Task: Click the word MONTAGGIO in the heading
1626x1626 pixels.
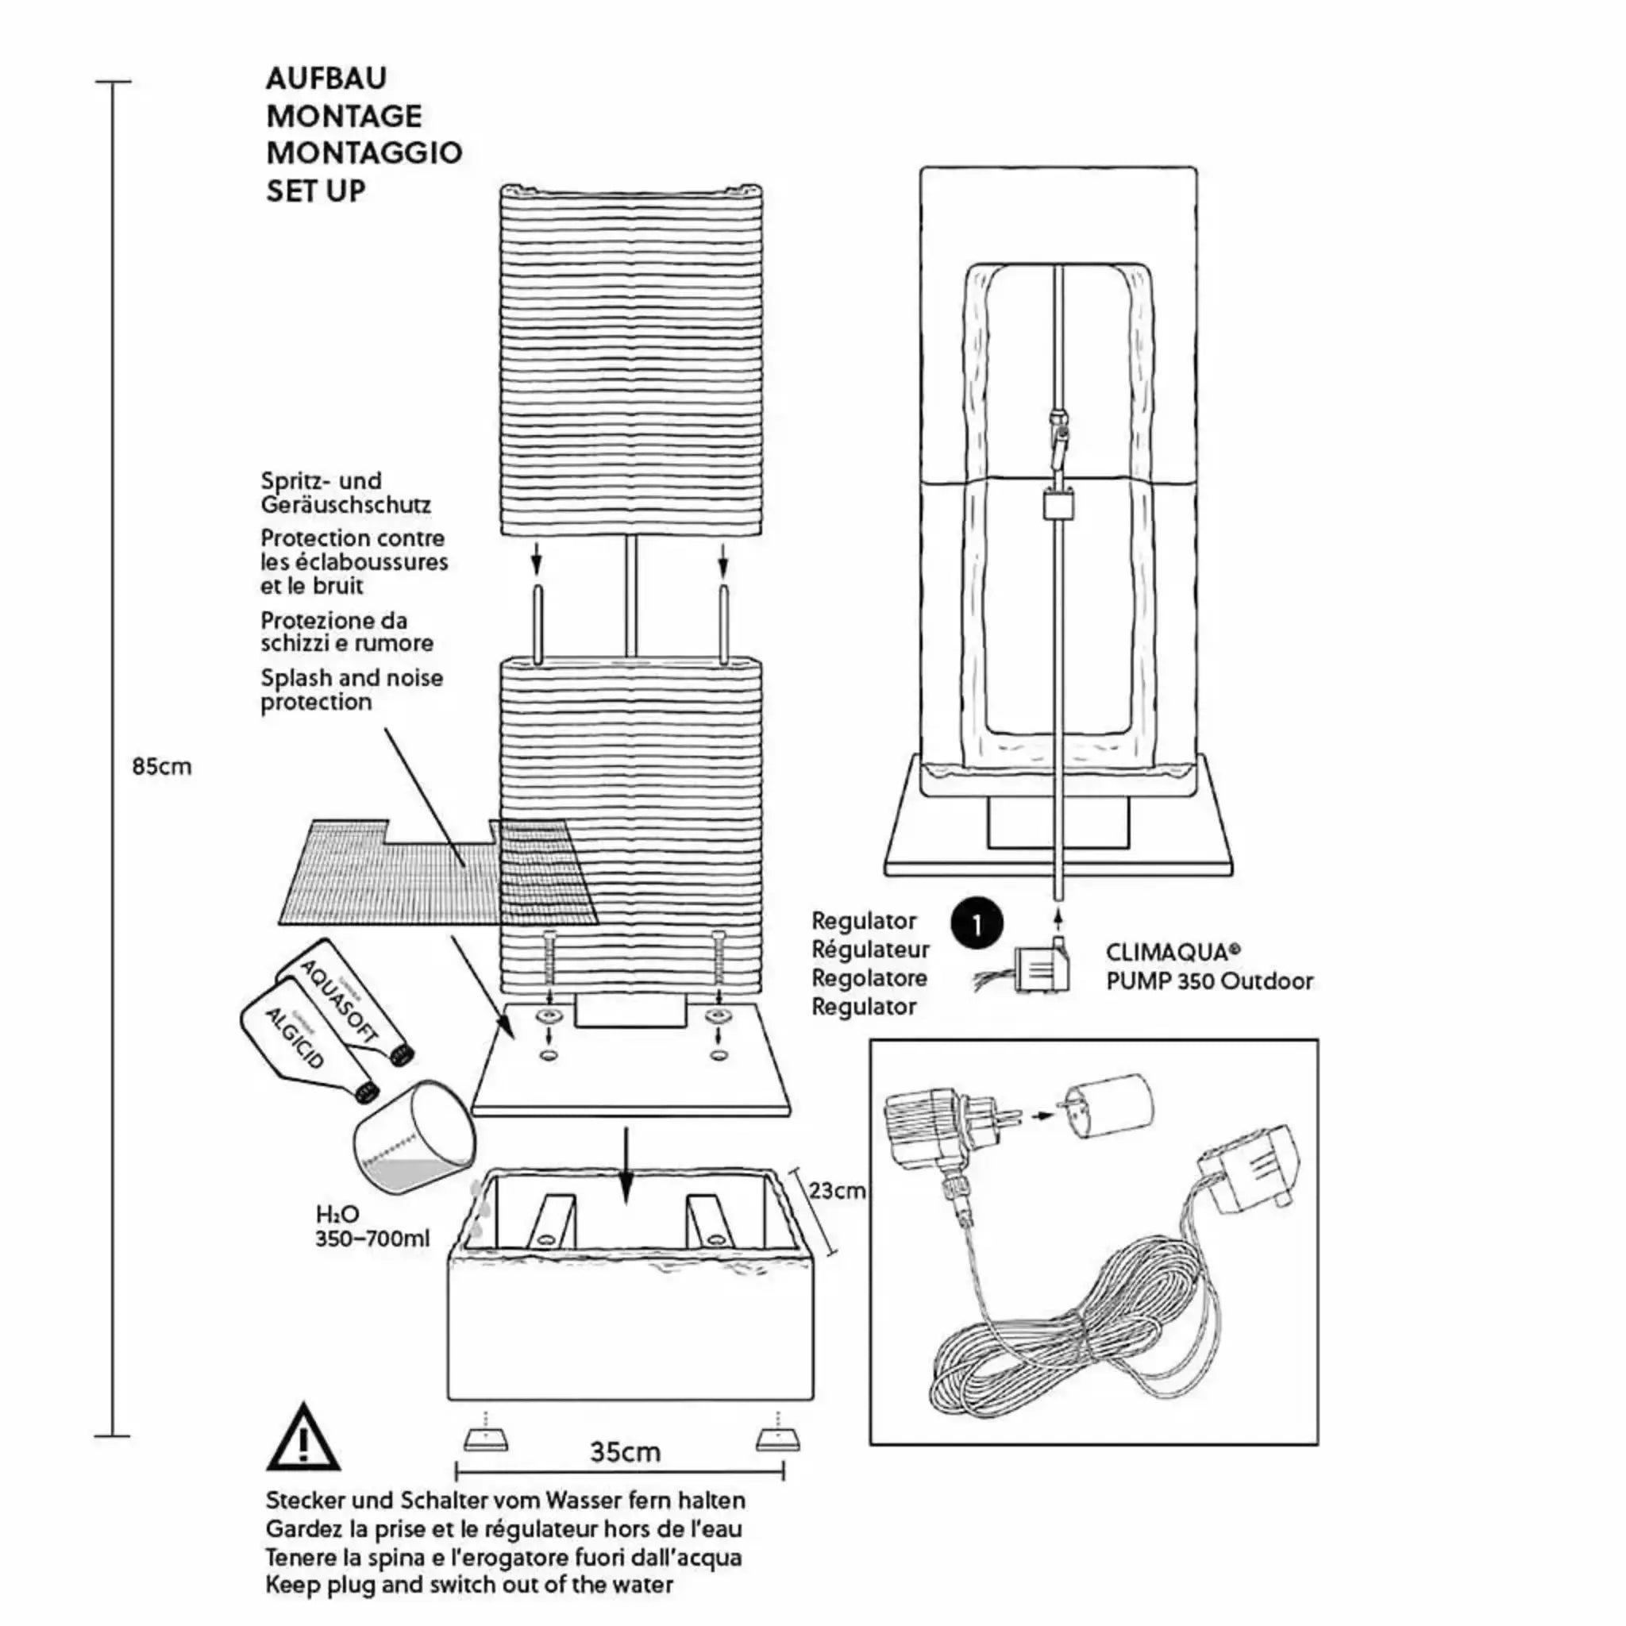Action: coord(364,153)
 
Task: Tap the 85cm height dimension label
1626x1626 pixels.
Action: coord(162,767)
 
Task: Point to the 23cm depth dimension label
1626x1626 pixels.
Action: coord(837,1190)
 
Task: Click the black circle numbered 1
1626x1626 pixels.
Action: coord(977,924)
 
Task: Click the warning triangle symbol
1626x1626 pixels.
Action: coord(303,1439)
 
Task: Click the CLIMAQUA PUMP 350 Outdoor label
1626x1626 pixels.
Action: coord(1208,967)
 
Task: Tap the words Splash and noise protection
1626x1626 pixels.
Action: coord(351,689)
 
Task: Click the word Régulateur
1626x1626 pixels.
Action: coord(869,950)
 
